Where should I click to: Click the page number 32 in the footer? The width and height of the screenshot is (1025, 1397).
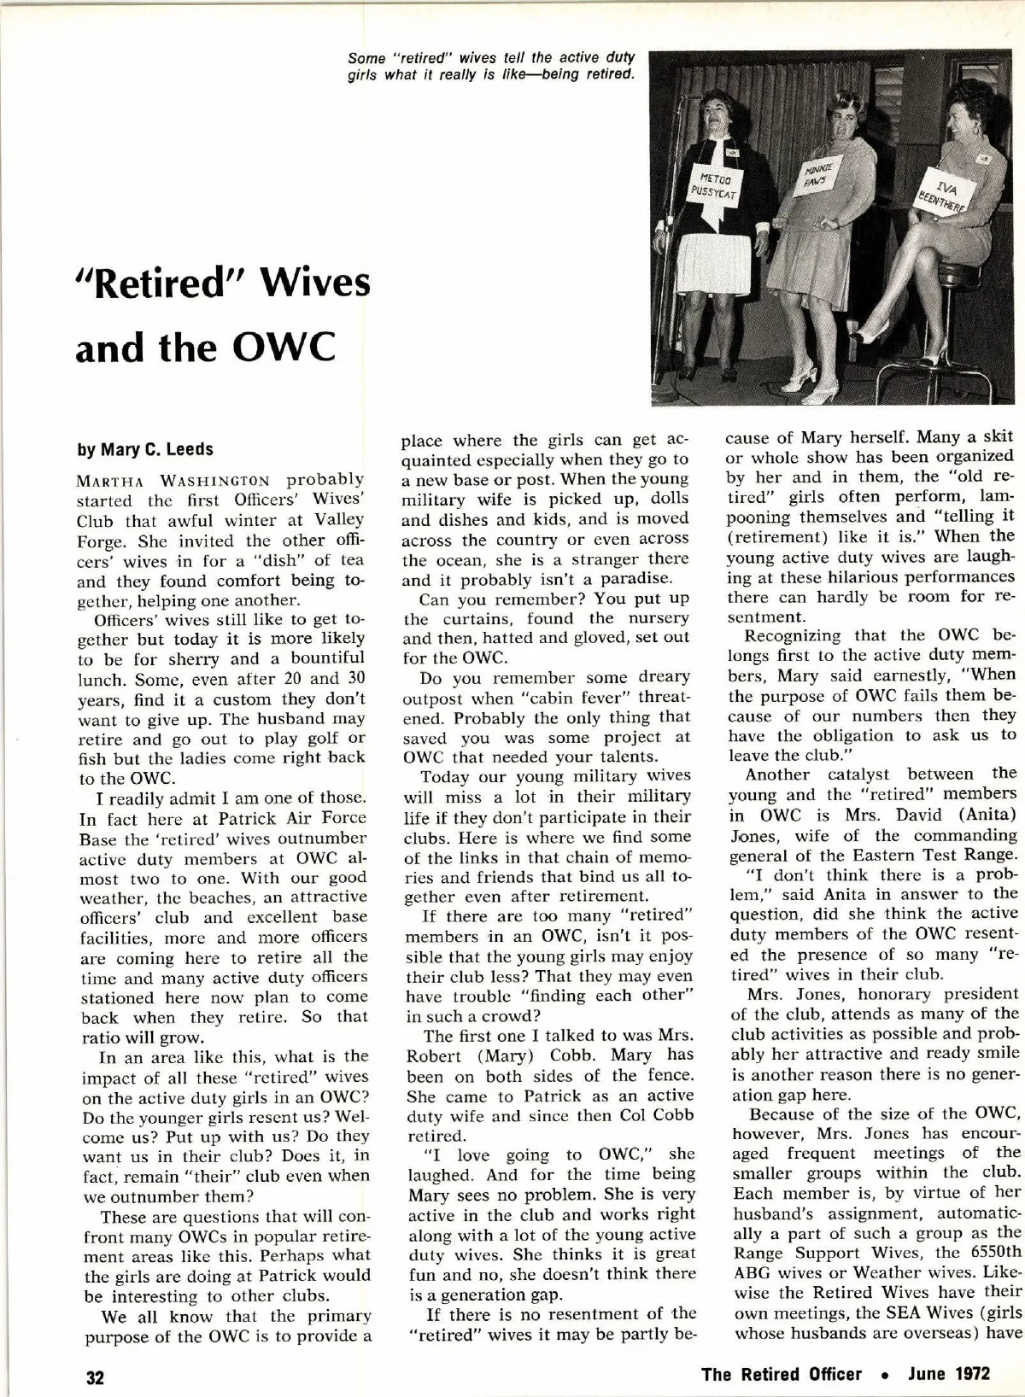[x=95, y=1376]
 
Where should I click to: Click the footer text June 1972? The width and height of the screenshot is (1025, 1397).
[x=949, y=1374]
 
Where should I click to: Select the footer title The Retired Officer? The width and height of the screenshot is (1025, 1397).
[x=781, y=1374]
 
